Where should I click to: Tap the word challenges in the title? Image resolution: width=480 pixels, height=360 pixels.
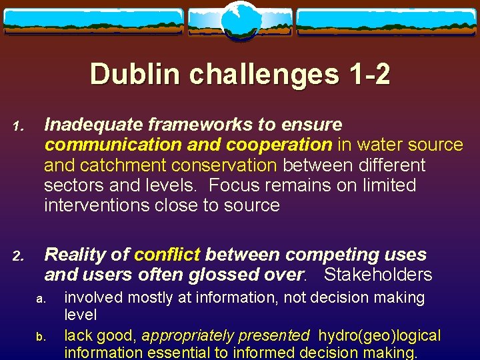click(263, 74)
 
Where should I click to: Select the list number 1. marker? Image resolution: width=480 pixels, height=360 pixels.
click(20, 126)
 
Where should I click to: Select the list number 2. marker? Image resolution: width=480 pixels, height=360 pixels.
click(20, 256)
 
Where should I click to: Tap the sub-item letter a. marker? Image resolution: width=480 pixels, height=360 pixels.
click(40, 299)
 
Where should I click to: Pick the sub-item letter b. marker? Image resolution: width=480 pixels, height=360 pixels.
click(40, 336)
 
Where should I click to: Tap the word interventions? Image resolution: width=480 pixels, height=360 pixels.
click(97, 205)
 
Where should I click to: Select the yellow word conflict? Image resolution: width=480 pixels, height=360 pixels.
click(167, 255)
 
